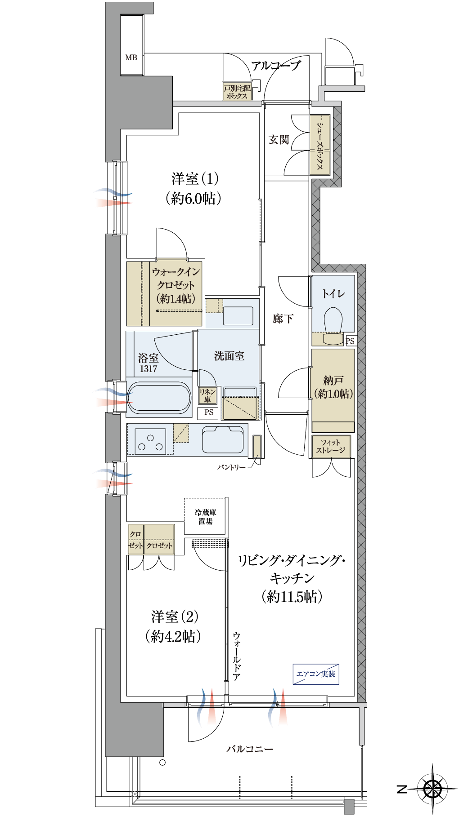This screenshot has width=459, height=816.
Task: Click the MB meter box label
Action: coord(131,58)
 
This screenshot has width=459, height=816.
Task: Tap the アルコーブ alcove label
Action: coord(276,66)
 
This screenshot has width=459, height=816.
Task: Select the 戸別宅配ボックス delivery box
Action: coord(237,91)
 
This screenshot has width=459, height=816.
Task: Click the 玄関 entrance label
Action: coord(279,140)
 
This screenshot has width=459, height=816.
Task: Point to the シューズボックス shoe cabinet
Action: coord(320,145)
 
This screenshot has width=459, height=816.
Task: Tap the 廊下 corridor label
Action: coord(283,319)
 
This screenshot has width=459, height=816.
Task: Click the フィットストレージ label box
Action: coord(331,446)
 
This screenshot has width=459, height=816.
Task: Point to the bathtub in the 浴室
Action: coord(159,398)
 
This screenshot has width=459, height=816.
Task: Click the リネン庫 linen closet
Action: coord(207,395)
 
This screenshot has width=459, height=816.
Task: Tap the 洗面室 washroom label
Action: coord(229,356)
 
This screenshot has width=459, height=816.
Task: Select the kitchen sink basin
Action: coord(223,439)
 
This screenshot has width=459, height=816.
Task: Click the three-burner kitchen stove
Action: coord(150,442)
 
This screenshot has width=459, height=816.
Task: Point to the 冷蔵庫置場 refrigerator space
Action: coord(205,516)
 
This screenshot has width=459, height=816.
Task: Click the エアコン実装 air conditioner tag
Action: coord(316,674)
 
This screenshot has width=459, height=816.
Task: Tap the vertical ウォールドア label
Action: coord(237,656)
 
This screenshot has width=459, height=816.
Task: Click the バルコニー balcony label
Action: coord(250,749)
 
